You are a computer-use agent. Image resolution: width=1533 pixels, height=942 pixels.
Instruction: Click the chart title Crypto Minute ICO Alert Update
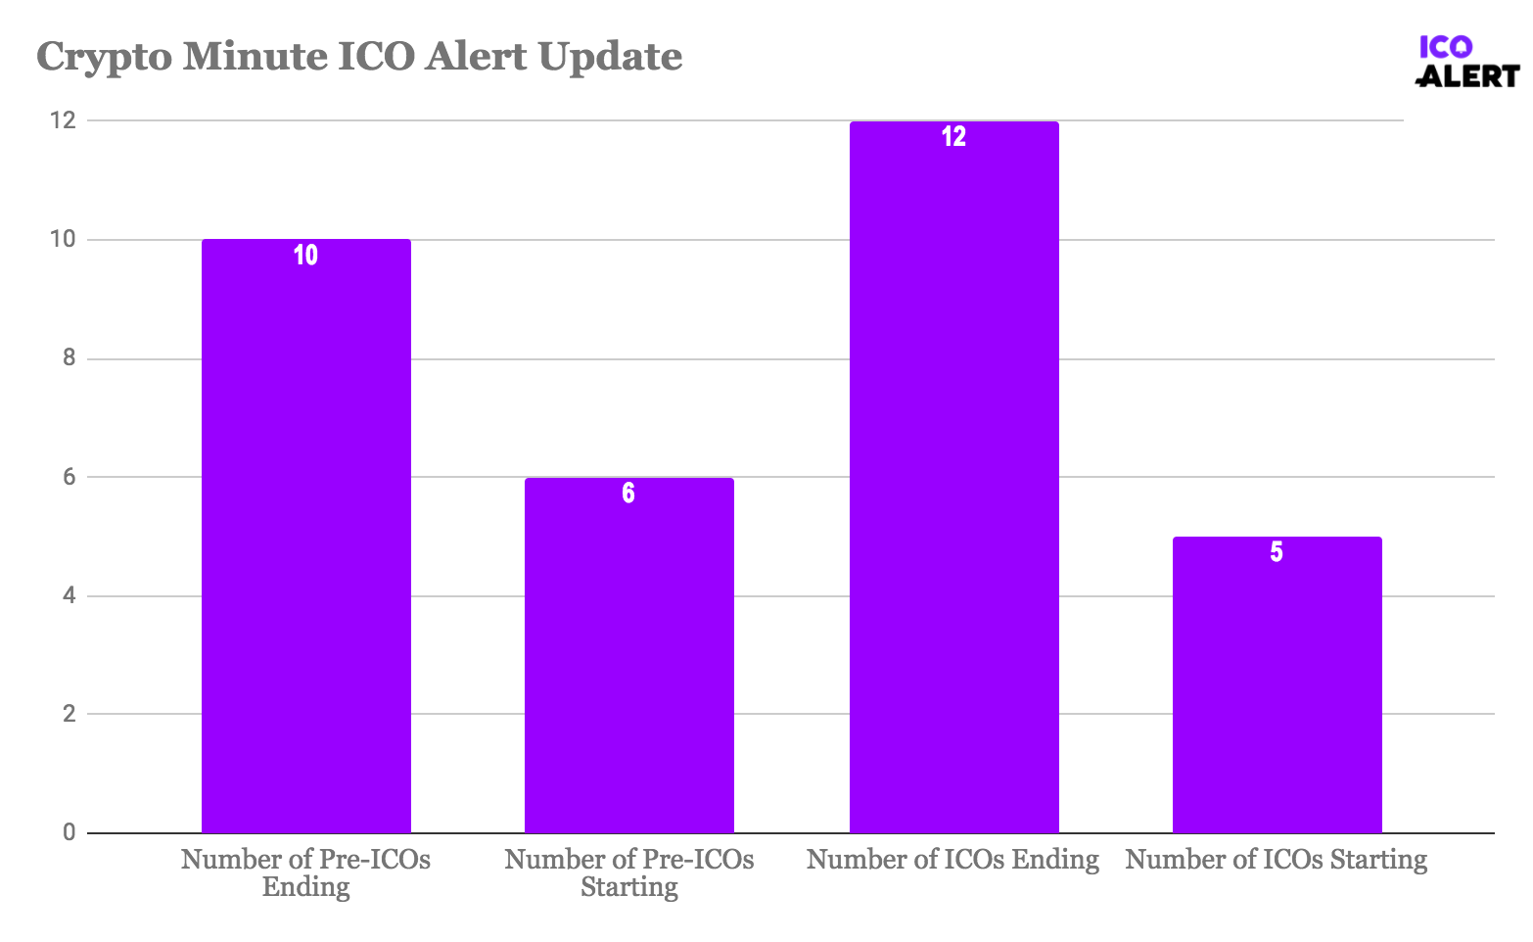click(x=359, y=57)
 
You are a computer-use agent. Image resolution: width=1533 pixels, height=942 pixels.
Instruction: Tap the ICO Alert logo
click(x=1467, y=62)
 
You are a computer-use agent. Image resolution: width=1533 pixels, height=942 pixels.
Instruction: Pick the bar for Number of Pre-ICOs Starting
click(x=629, y=655)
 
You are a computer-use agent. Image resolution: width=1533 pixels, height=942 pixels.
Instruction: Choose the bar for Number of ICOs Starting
click(x=1277, y=684)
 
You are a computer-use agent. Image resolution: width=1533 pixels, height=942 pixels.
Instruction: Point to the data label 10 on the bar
click(x=306, y=256)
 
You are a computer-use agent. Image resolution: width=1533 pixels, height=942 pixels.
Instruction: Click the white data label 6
click(x=628, y=494)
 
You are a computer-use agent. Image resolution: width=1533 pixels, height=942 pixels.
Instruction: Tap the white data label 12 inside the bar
click(x=954, y=137)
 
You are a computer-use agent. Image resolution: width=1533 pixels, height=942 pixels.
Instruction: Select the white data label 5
click(x=1277, y=552)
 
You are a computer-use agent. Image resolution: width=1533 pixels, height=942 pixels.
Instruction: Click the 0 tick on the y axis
click(x=69, y=832)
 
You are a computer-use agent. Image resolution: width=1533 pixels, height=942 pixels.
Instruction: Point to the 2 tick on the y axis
click(x=69, y=714)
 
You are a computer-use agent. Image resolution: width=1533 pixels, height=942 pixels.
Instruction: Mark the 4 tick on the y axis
click(x=69, y=595)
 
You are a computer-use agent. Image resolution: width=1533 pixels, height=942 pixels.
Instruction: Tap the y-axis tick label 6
click(x=69, y=477)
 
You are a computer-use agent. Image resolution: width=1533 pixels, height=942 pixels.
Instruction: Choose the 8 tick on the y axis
click(x=69, y=358)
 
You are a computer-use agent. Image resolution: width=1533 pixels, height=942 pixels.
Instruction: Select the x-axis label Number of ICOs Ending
click(x=953, y=860)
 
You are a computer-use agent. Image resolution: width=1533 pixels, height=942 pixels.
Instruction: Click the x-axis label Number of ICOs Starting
click(x=1277, y=860)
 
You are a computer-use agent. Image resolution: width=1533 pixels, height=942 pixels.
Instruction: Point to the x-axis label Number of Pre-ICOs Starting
click(x=629, y=872)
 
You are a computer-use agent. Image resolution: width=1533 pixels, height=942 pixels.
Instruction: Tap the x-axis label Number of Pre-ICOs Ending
click(x=306, y=872)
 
